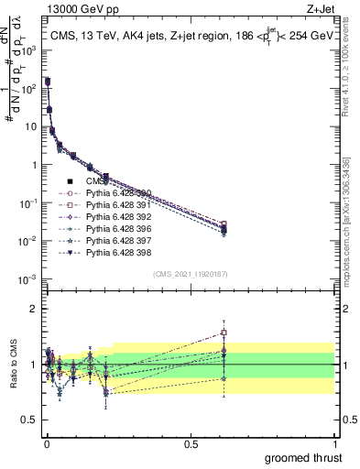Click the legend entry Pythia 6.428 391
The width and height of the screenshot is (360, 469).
pos(117,204)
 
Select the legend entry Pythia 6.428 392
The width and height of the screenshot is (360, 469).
pos(117,216)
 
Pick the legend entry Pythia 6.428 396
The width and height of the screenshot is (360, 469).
pos(117,228)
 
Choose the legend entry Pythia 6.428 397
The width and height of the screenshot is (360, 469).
pos(117,240)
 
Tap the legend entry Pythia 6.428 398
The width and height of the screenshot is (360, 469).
pos(117,252)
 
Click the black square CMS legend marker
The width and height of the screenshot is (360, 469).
pos(70,180)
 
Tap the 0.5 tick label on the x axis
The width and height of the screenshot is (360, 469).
pos(190,443)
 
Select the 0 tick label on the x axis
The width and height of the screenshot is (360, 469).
pos(46,443)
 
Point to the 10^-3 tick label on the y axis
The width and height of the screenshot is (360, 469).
pos(27,278)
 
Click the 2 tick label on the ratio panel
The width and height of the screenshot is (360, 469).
pos(35,309)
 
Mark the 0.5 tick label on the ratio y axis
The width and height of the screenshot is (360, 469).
pos(29,420)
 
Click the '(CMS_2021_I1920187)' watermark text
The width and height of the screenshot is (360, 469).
pos(190,274)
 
